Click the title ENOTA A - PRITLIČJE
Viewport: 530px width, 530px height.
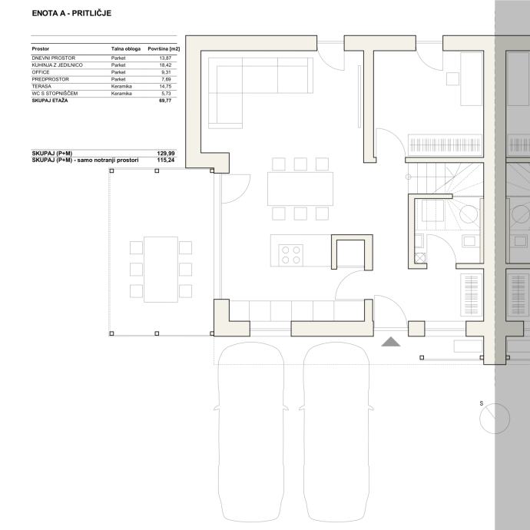(71, 13)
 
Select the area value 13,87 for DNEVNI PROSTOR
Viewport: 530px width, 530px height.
(165, 58)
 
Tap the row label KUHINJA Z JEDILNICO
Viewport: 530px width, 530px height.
(57, 65)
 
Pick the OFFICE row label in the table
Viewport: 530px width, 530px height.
(41, 72)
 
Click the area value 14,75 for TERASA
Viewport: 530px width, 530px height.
(165, 86)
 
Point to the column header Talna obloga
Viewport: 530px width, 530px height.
(126, 49)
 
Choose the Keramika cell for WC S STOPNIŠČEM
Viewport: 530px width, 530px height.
(121, 93)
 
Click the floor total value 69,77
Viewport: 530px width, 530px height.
(165, 101)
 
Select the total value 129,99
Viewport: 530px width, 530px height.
(166, 154)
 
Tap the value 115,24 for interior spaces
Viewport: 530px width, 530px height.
(166, 161)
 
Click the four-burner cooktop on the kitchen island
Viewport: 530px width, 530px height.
(290, 255)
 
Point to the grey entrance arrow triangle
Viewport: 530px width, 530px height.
(391, 342)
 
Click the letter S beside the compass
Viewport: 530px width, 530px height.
(482, 403)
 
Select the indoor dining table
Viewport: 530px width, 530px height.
(300, 189)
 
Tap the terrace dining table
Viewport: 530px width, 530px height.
(161, 270)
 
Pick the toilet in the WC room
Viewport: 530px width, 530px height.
(432, 211)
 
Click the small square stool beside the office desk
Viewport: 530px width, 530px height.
(452, 79)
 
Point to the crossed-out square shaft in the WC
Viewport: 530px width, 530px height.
(419, 258)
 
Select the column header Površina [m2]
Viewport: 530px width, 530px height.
(164, 49)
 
